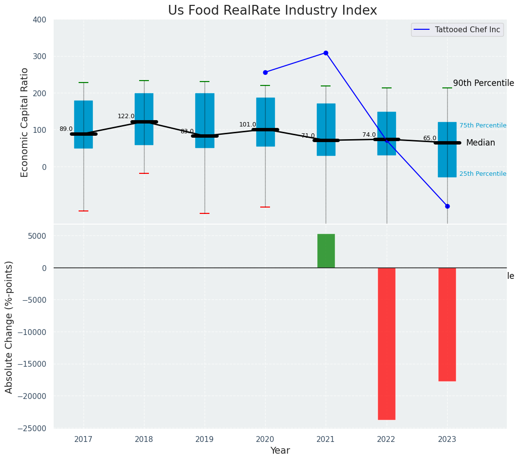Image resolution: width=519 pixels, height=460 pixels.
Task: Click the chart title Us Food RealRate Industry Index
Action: (272, 11)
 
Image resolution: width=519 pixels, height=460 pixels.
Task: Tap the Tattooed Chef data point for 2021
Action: (326, 53)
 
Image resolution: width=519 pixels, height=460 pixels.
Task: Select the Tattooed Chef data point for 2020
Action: (265, 72)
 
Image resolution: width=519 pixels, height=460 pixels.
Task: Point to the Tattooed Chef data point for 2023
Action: (447, 206)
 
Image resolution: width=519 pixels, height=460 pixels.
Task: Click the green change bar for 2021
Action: (326, 251)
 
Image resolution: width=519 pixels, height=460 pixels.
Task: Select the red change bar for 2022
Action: (387, 343)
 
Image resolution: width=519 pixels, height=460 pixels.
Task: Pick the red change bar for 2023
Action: (447, 324)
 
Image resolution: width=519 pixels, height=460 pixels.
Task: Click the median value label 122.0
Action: (126, 116)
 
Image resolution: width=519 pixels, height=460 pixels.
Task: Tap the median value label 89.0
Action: (66, 129)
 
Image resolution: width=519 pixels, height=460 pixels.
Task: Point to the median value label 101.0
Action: (248, 125)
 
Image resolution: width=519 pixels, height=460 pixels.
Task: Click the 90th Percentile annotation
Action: (483, 83)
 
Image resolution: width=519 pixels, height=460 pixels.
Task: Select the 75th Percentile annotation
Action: (482, 125)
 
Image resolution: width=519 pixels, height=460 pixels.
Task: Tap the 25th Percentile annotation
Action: (482, 174)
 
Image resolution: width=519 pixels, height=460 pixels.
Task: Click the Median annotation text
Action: (480, 143)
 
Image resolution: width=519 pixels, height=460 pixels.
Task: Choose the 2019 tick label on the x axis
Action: (205, 439)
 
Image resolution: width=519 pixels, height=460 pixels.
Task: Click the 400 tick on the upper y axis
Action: (40, 20)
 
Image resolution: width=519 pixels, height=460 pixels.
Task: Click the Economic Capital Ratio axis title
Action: (25, 122)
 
